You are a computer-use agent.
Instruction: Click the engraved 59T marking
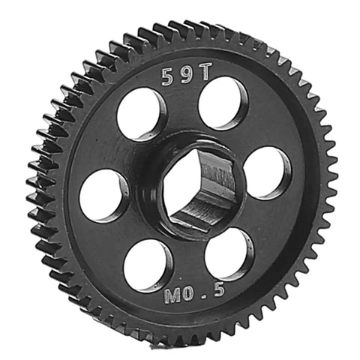[186, 74]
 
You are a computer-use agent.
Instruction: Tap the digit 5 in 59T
[168, 77]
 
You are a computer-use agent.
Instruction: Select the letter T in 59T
[204, 71]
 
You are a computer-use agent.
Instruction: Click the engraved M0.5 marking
[194, 294]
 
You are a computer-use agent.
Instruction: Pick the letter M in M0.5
[172, 297]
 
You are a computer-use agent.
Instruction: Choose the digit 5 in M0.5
[218, 291]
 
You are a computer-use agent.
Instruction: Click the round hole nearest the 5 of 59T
[141, 115]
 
